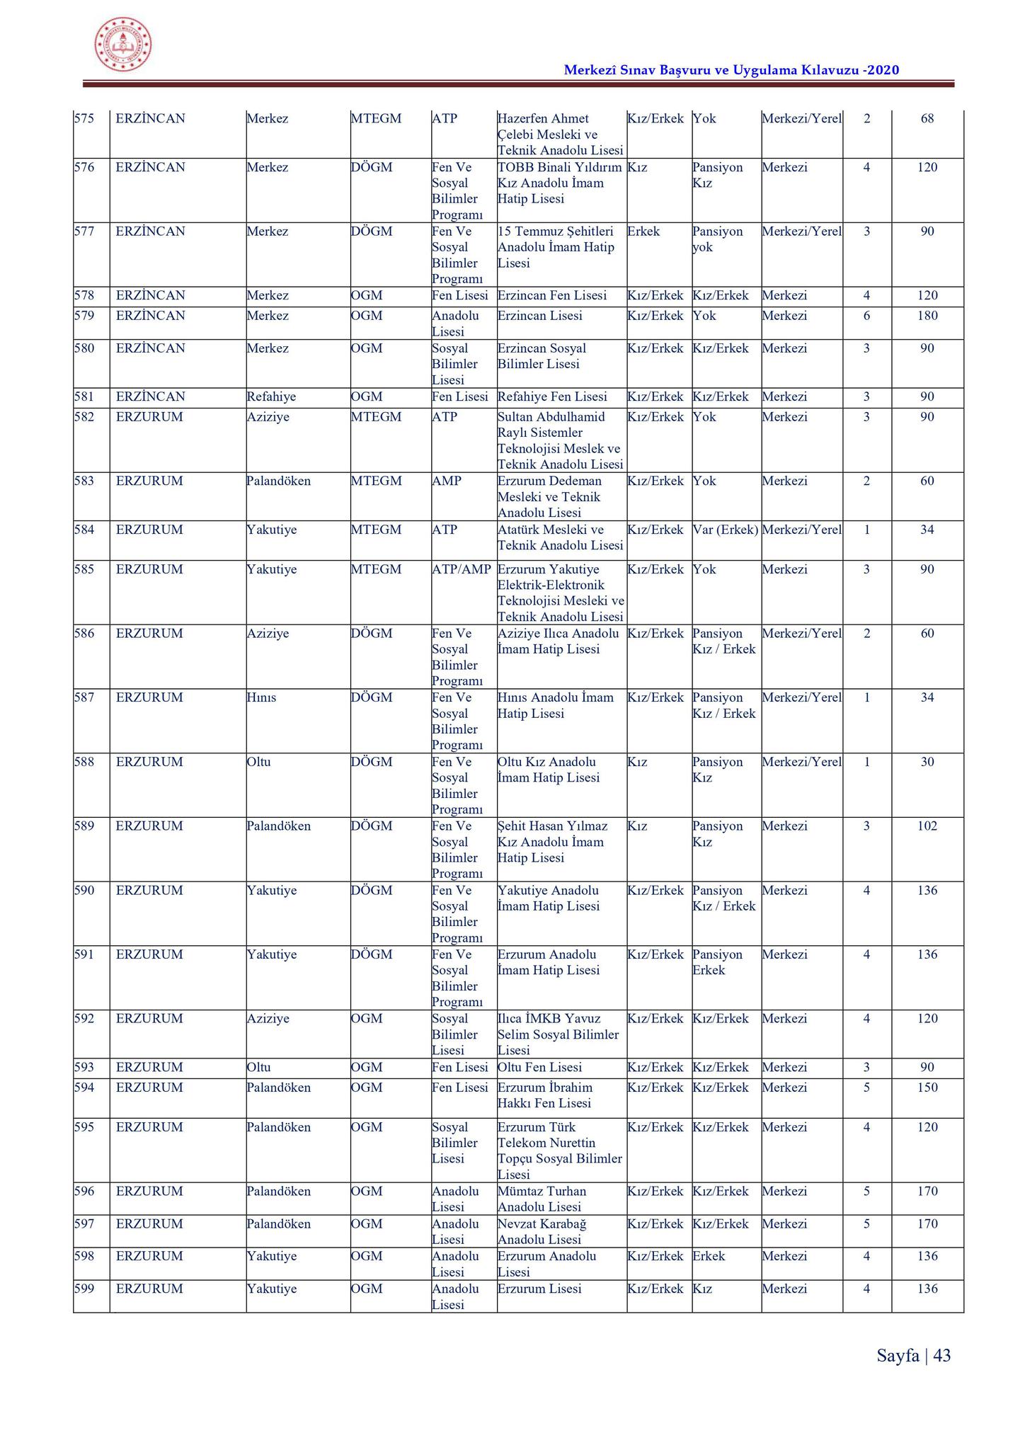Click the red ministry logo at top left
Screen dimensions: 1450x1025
pos(123,44)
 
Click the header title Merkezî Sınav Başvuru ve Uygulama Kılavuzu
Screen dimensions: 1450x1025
pos(731,69)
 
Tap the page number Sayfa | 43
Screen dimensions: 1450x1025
pos(913,1355)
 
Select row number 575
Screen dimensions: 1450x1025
pos(84,118)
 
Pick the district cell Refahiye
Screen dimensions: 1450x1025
pos(271,396)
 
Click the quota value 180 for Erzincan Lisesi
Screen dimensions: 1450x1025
pos(927,316)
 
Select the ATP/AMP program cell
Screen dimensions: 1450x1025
pos(462,569)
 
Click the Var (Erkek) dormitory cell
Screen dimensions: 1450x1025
pos(726,530)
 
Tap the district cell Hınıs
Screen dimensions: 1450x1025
pos(261,697)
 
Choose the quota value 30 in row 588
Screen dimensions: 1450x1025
pos(927,762)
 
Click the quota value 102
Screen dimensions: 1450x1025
pos(927,826)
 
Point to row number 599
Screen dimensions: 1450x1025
pos(84,1289)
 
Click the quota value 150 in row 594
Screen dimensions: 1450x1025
pos(927,1087)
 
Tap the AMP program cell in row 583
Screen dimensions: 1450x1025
pos(447,481)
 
